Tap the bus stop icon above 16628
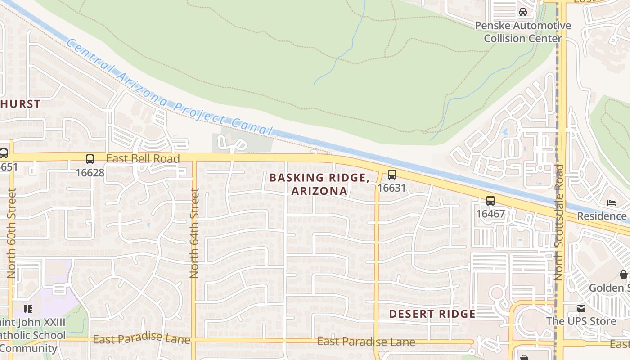[90, 159]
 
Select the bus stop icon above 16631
[392, 175]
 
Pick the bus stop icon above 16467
[490, 201]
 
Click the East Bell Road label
[143, 158]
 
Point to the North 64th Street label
[194, 233]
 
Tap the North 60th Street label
[12, 233]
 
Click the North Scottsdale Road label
[559, 223]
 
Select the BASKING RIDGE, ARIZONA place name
[319, 184]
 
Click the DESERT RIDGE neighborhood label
[432, 314]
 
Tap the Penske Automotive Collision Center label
[523, 32]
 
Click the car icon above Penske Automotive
[523, 12]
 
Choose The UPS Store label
[581, 321]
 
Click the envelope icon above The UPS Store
[581, 308]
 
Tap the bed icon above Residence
[612, 203]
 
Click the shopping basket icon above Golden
[624, 274]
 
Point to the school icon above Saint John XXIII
[28, 309]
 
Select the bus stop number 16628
[90, 172]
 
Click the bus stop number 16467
[490, 214]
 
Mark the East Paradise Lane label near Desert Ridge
[366, 342]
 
